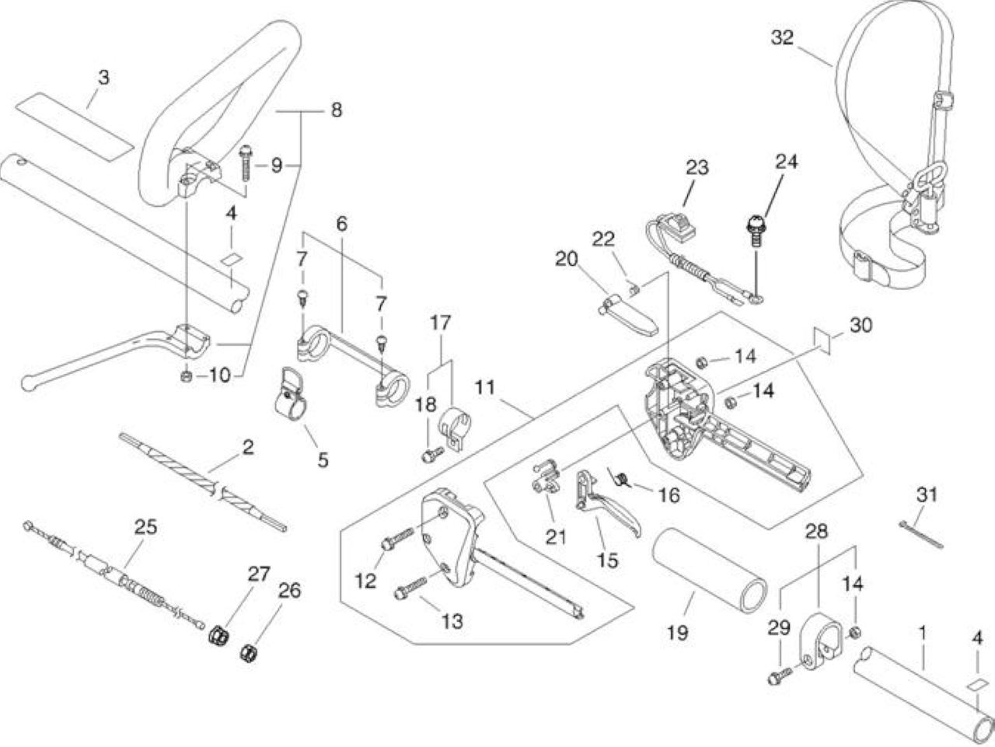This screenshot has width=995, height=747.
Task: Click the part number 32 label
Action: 783,37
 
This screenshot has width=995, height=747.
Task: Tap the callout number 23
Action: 697,168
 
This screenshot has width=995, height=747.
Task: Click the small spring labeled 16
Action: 621,480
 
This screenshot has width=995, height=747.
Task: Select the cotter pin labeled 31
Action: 921,535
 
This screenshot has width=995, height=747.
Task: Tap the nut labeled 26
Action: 247,654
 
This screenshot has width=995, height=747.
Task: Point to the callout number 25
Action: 145,527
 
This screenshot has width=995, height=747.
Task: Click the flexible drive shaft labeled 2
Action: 204,483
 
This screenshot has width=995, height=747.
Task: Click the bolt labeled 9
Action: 245,163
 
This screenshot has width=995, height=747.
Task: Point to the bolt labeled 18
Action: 433,455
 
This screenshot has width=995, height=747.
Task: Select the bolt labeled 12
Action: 397,538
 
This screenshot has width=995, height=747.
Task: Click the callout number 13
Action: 452,621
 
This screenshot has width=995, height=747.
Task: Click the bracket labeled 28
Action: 818,639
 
